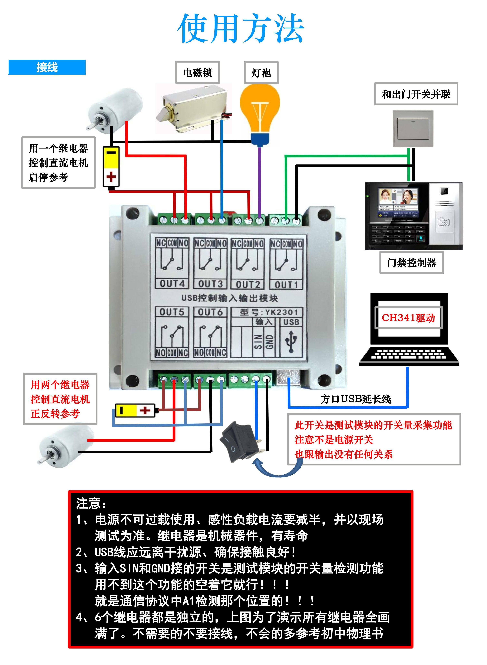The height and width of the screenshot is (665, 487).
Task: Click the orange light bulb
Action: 260,115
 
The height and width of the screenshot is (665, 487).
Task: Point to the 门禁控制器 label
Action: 411,262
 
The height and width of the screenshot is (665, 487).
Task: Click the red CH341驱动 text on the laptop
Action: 409,318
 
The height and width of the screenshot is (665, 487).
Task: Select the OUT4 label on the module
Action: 172,284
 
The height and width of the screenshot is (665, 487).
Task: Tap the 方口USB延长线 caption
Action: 356,399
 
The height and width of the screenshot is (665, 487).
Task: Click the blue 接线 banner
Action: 47,67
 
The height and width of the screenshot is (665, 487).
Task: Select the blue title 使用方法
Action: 241,28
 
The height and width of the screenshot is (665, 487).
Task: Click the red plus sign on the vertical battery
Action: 111,177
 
